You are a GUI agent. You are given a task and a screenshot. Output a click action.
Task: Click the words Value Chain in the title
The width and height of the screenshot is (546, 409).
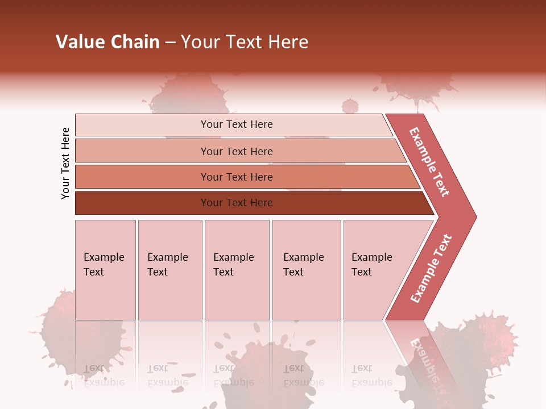(x=107, y=42)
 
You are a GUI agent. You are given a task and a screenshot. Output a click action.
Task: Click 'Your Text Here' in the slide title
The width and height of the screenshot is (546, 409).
(x=245, y=42)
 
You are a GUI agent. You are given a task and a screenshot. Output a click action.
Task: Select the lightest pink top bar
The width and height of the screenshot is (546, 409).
(x=236, y=124)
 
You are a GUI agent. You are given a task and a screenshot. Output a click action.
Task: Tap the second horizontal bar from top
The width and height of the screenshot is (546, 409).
(x=236, y=151)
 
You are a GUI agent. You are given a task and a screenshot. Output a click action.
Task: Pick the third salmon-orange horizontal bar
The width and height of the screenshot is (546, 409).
(x=236, y=177)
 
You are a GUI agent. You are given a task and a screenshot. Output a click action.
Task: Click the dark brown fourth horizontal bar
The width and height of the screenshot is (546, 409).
(x=236, y=203)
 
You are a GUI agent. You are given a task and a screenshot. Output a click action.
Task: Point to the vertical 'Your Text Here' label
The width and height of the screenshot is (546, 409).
(x=65, y=163)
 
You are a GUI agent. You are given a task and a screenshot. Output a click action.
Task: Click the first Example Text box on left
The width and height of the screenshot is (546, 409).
(x=105, y=269)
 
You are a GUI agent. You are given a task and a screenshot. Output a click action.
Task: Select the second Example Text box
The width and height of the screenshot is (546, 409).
(x=170, y=269)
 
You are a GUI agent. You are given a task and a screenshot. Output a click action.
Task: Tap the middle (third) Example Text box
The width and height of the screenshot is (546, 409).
(x=237, y=269)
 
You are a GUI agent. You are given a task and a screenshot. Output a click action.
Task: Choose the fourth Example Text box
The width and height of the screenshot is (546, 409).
(x=307, y=269)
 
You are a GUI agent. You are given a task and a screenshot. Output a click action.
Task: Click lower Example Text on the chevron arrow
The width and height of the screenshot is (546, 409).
(x=431, y=269)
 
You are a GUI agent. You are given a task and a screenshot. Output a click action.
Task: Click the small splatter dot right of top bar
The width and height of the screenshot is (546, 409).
(x=350, y=106)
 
